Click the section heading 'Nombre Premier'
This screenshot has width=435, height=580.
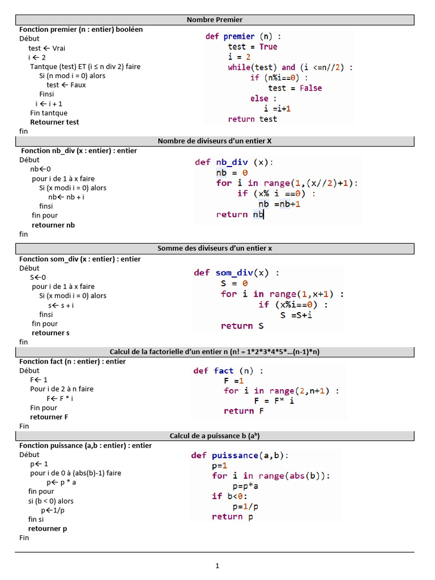215,20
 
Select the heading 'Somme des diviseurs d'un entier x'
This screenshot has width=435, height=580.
215,248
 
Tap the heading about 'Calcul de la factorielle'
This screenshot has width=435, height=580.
215,352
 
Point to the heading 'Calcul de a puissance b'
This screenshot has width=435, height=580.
215,436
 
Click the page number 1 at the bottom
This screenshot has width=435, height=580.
217,565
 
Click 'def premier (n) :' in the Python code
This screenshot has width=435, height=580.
243,36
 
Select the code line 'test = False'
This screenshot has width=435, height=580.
295,88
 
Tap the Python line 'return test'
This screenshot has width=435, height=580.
253,119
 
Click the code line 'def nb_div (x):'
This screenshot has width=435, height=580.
233,162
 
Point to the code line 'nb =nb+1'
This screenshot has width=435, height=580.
279,204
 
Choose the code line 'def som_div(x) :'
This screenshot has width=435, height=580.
236,272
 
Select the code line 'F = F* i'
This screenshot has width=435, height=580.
274,400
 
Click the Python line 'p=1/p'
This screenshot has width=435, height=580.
245,506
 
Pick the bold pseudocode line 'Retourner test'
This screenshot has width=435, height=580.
54,122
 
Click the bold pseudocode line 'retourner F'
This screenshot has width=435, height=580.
49,417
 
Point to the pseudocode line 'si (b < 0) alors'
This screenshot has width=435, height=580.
50,501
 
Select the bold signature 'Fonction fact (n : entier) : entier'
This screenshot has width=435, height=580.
72,361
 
